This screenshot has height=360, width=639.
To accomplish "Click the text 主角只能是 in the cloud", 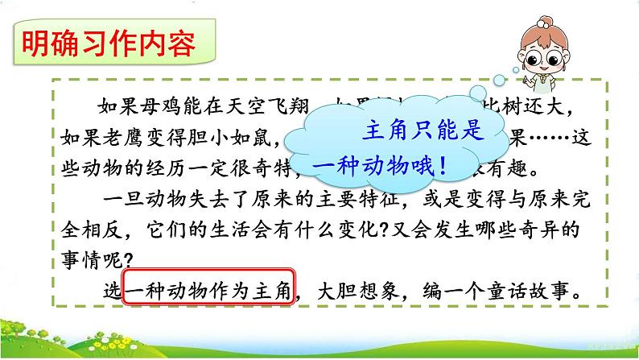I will (425, 131).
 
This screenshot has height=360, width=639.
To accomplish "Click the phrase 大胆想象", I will (354, 291).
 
